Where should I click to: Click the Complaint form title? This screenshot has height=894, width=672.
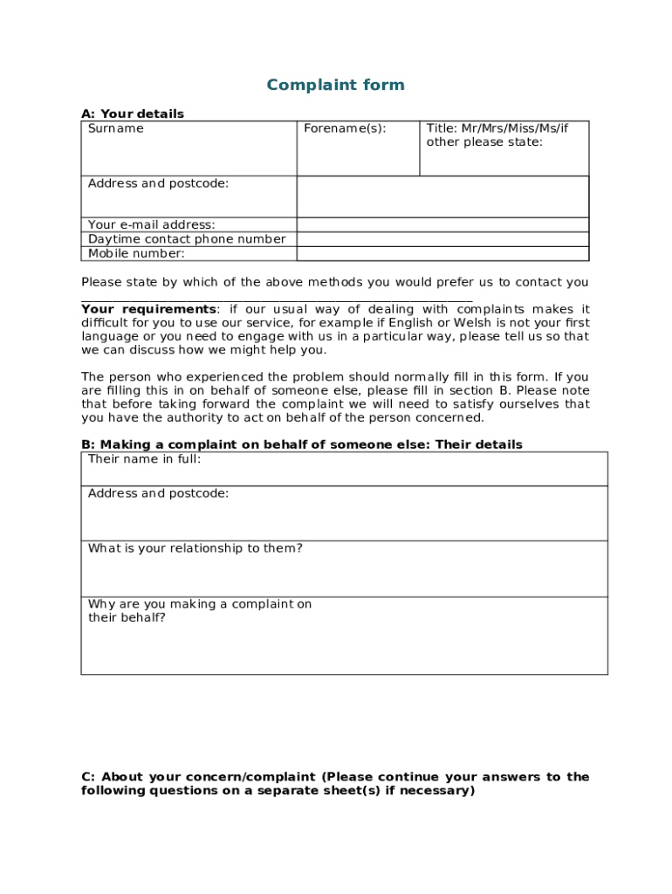coord(335,85)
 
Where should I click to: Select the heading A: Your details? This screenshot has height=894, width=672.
coord(133,113)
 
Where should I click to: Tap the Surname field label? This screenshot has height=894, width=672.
coord(116,128)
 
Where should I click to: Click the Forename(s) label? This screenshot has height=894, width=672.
coord(344,128)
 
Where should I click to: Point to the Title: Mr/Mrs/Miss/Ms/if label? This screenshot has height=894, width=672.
coord(497,128)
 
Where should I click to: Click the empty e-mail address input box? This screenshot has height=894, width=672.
coord(442,224)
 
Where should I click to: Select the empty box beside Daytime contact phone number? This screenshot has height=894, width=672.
coord(442,239)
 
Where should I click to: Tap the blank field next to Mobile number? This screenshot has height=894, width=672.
coord(442,254)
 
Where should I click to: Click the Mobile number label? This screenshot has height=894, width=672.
coord(136,254)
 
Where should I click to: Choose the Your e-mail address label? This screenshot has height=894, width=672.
coord(151,224)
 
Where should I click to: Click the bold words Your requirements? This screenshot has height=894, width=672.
coord(148,309)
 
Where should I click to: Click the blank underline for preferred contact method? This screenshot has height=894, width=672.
coord(277,297)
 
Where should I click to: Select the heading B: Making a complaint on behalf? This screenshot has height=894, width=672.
coord(301,444)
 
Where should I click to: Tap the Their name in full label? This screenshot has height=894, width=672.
coord(144,459)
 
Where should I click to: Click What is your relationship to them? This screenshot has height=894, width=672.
coord(195,548)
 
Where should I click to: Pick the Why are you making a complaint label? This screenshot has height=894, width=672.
coord(199,604)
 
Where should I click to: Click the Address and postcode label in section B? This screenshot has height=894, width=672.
coord(158,493)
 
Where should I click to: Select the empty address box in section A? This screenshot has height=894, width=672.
coord(442,196)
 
